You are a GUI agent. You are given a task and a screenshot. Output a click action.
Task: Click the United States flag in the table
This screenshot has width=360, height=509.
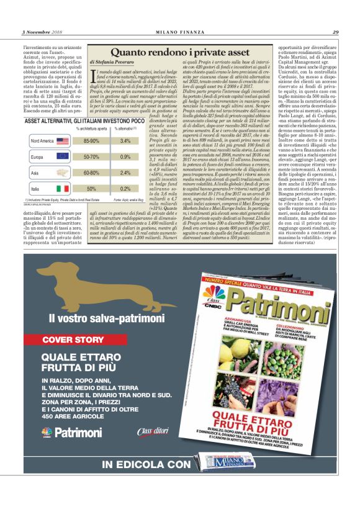(x=63, y=141)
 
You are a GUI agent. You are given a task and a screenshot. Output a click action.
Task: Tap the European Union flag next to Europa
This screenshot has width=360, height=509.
(x=62, y=157)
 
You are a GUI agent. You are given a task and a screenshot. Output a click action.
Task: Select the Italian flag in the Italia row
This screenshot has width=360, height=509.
(x=62, y=188)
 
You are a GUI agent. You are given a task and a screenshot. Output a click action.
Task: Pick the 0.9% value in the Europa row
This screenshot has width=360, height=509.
(x=125, y=157)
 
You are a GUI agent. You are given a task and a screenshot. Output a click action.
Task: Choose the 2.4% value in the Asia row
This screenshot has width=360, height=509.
(x=125, y=173)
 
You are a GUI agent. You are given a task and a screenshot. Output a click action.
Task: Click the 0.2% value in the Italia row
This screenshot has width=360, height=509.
(x=125, y=188)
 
